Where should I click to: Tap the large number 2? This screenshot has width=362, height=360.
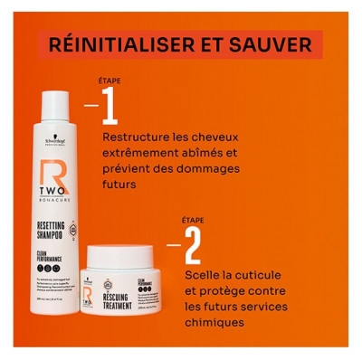click(192, 243)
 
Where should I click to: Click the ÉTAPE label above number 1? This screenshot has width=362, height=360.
click(110, 80)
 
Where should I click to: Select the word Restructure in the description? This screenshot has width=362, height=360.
click(136, 137)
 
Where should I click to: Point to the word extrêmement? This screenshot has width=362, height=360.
click(145, 153)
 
